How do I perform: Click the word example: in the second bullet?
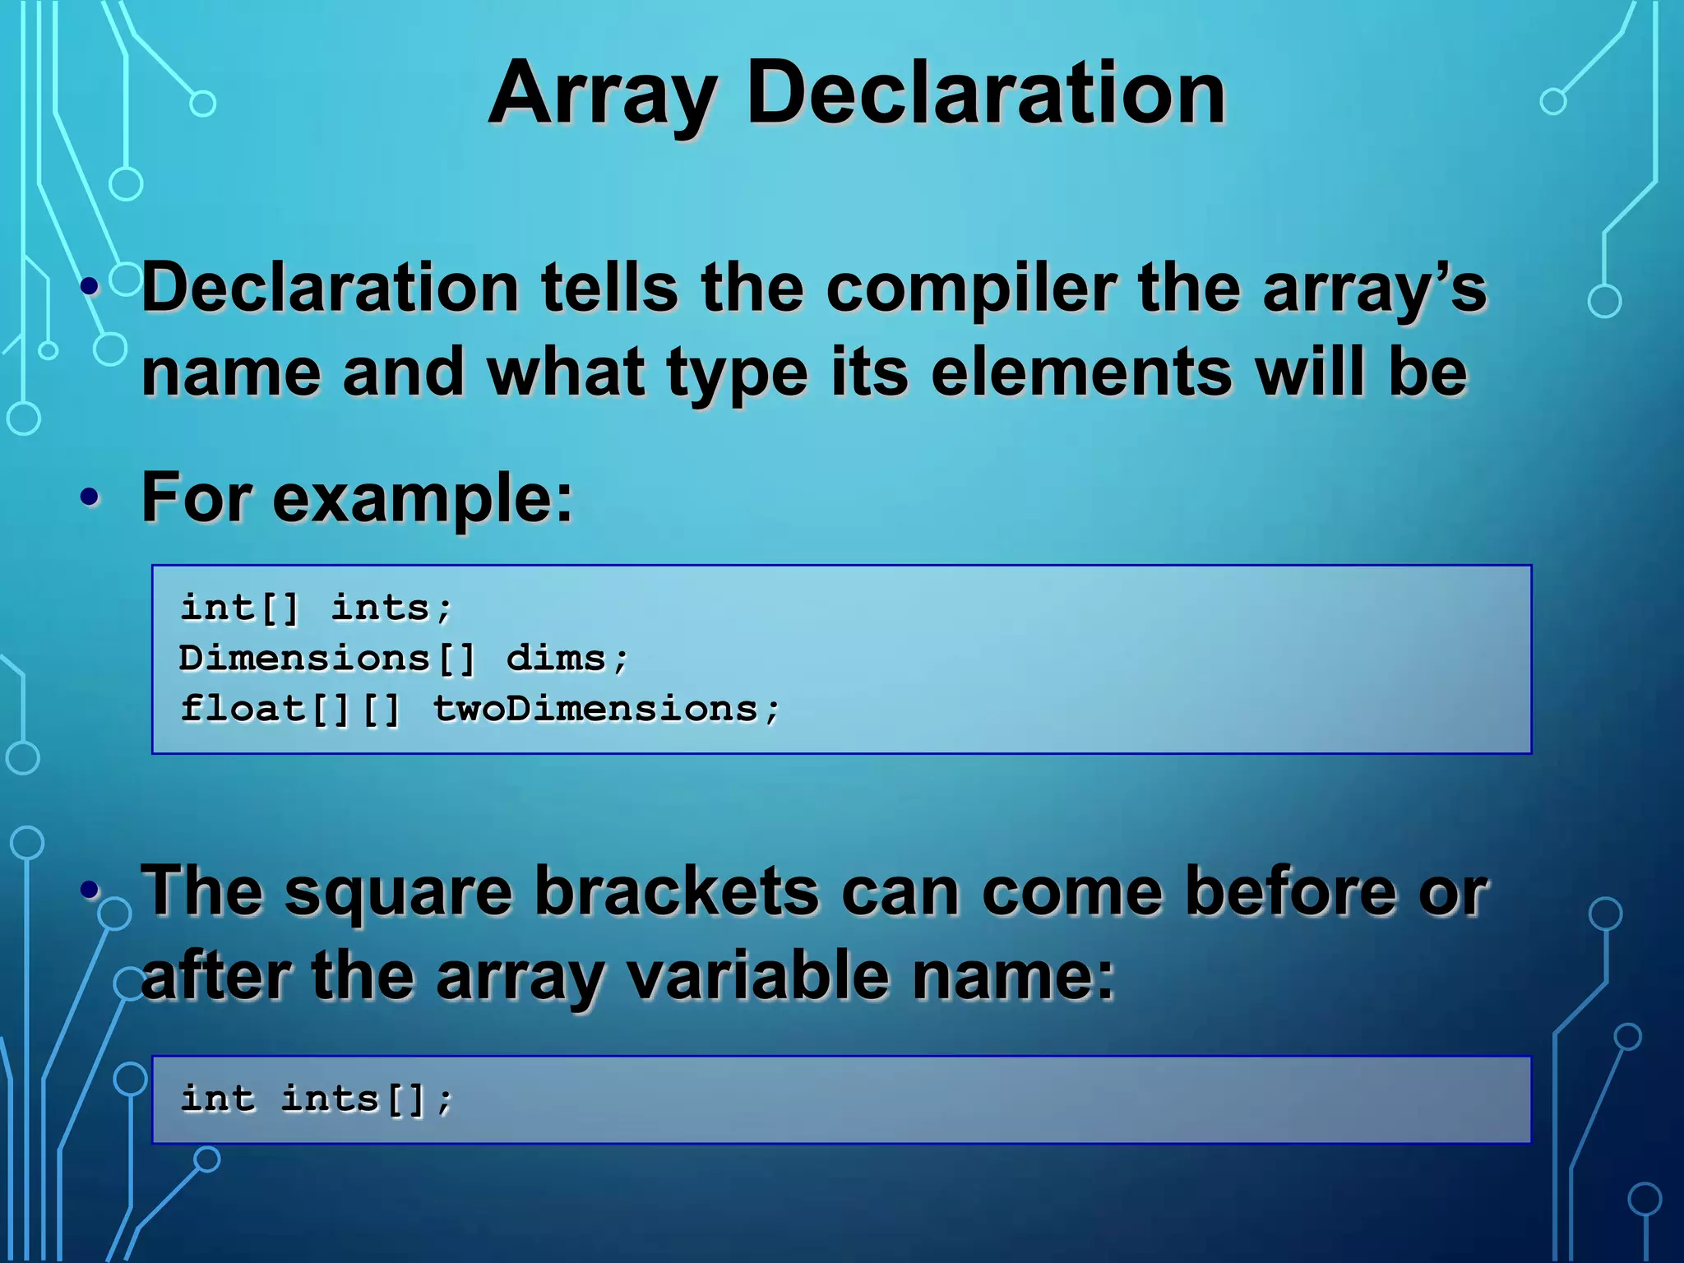point(423,498)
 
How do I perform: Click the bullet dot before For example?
point(90,497)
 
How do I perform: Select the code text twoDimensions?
point(606,709)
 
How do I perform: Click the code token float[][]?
point(289,709)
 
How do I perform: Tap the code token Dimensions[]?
point(327,659)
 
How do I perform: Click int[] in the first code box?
point(239,608)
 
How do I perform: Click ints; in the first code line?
point(391,608)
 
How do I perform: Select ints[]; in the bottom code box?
point(367,1099)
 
